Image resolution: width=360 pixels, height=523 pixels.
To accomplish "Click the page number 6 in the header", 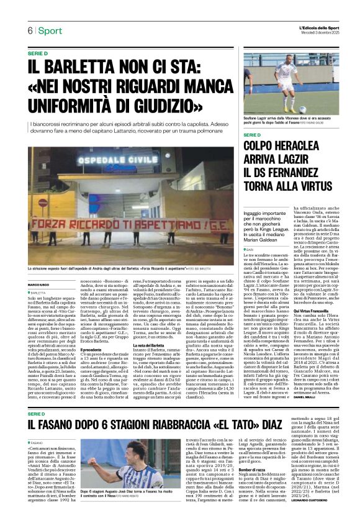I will (29, 30).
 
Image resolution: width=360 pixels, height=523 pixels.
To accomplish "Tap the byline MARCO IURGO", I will (38, 267).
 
